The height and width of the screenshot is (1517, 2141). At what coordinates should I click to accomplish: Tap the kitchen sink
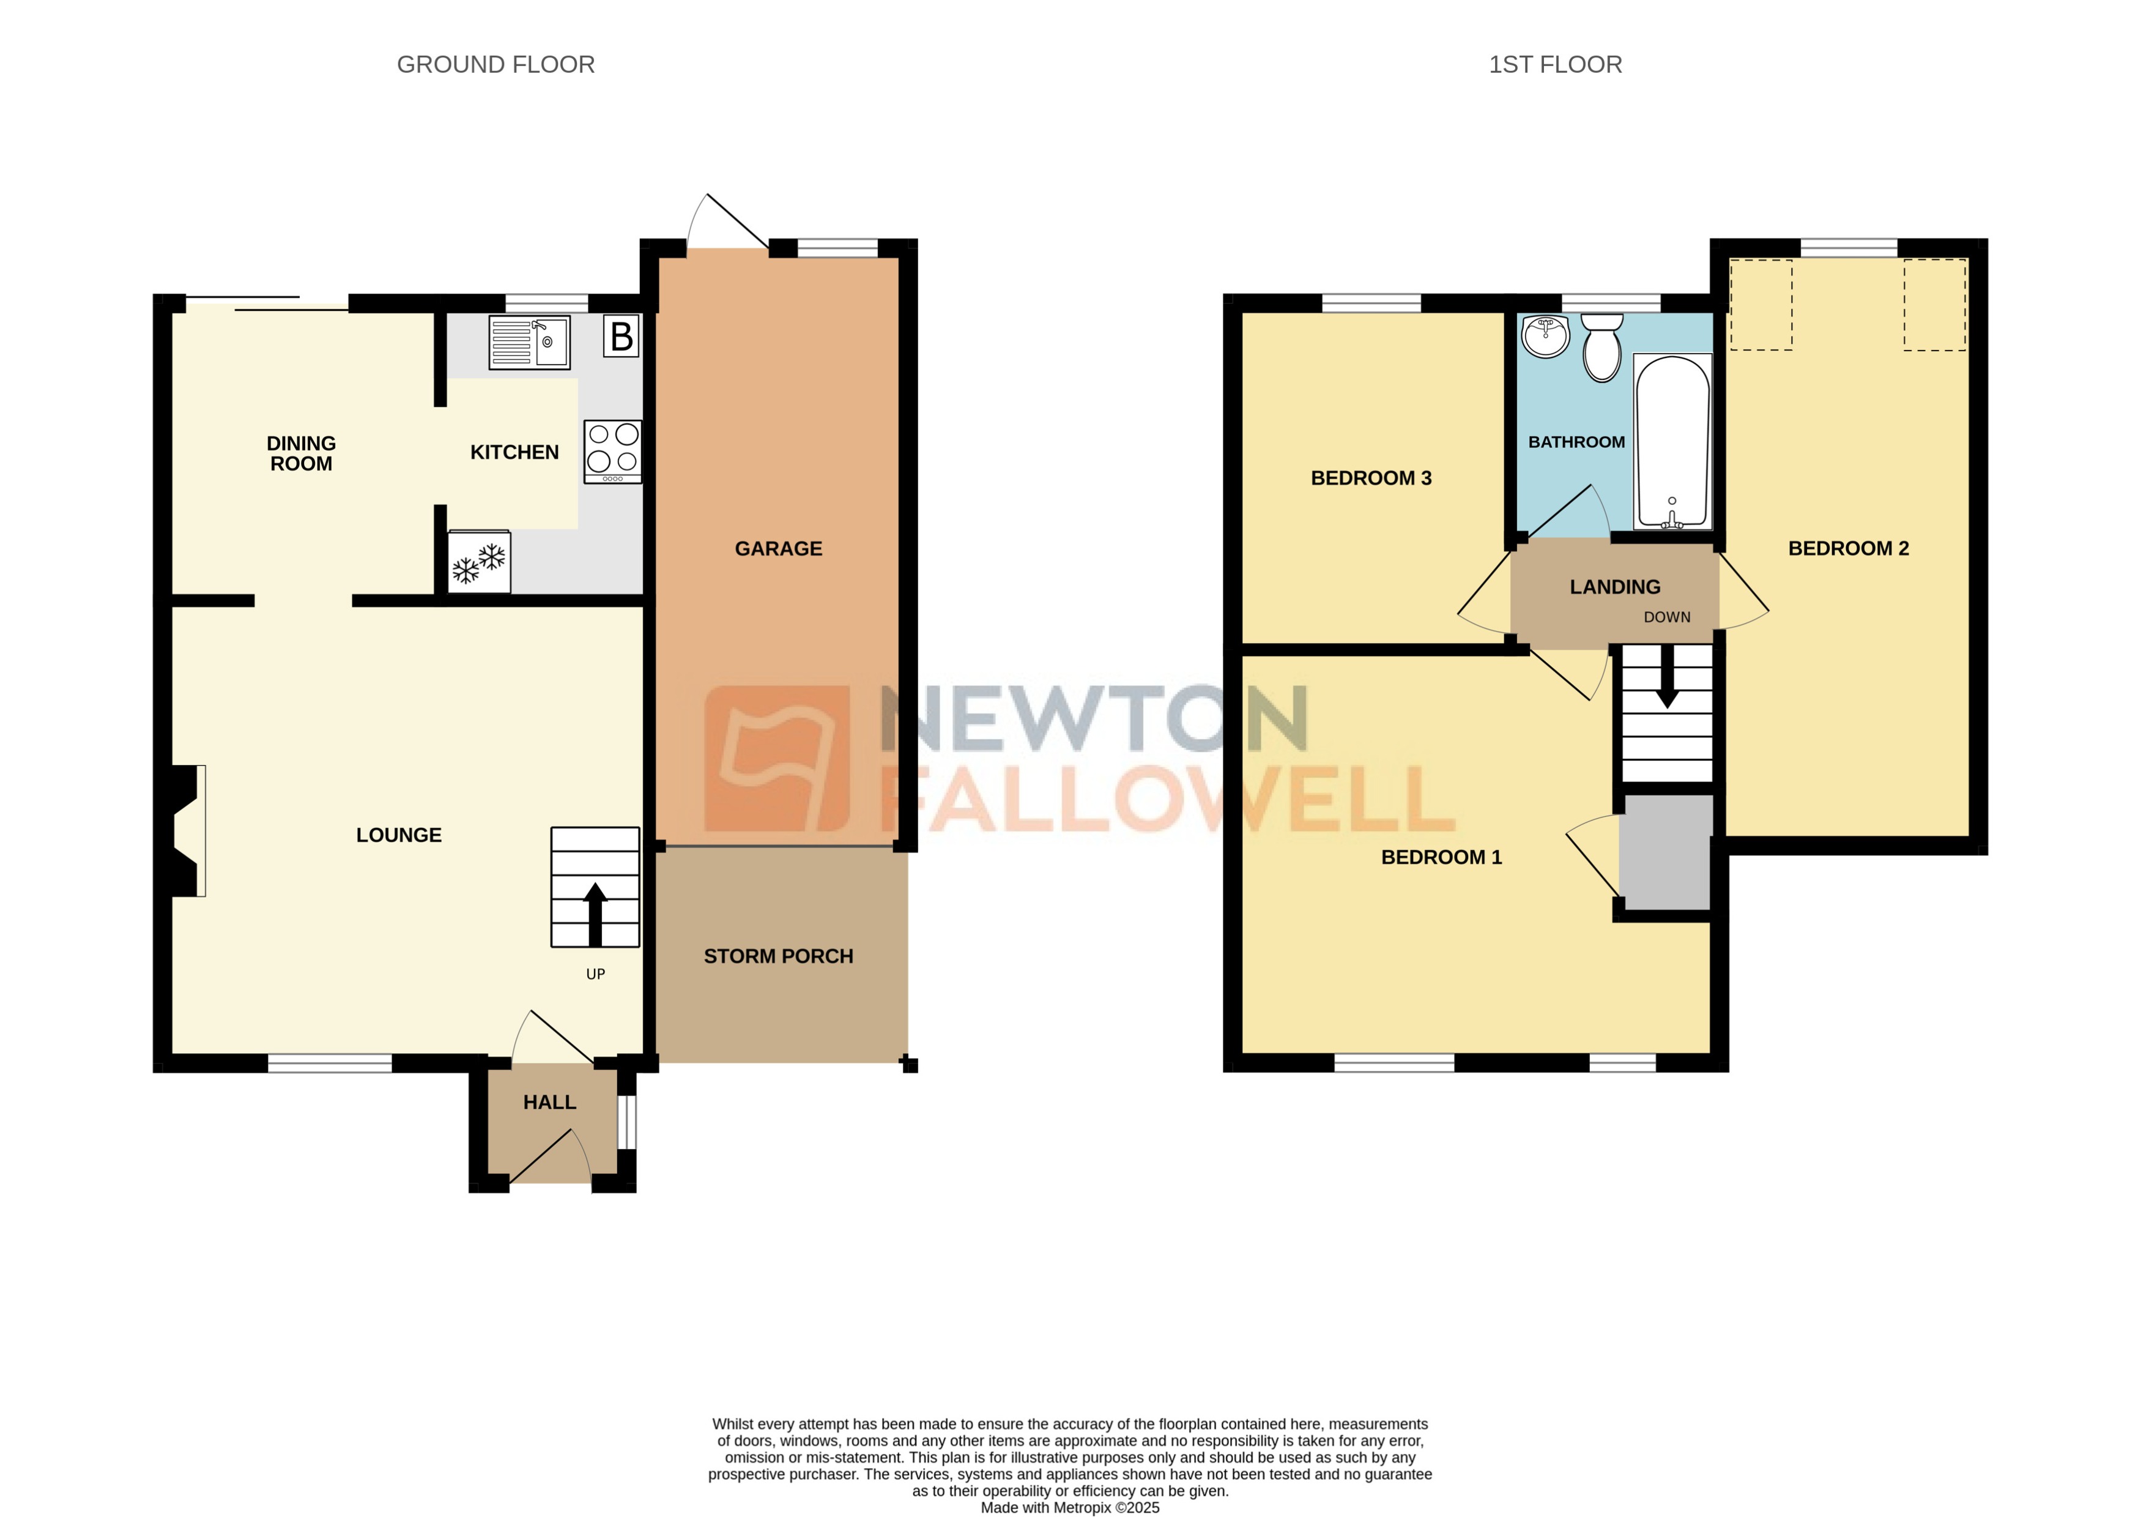click(x=529, y=343)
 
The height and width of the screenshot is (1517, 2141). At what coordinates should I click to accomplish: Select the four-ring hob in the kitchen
click(x=612, y=451)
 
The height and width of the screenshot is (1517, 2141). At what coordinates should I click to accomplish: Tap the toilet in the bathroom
click(x=1602, y=348)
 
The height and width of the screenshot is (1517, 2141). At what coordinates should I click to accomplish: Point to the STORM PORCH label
click(x=777, y=956)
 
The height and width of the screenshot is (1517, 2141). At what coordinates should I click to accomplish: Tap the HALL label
click(x=549, y=1102)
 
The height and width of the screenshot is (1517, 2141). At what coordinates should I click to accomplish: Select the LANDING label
click(x=1614, y=587)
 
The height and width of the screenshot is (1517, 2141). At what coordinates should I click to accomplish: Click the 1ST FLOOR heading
click(x=1554, y=64)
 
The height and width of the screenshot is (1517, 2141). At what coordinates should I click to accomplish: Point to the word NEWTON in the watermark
click(x=1093, y=718)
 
